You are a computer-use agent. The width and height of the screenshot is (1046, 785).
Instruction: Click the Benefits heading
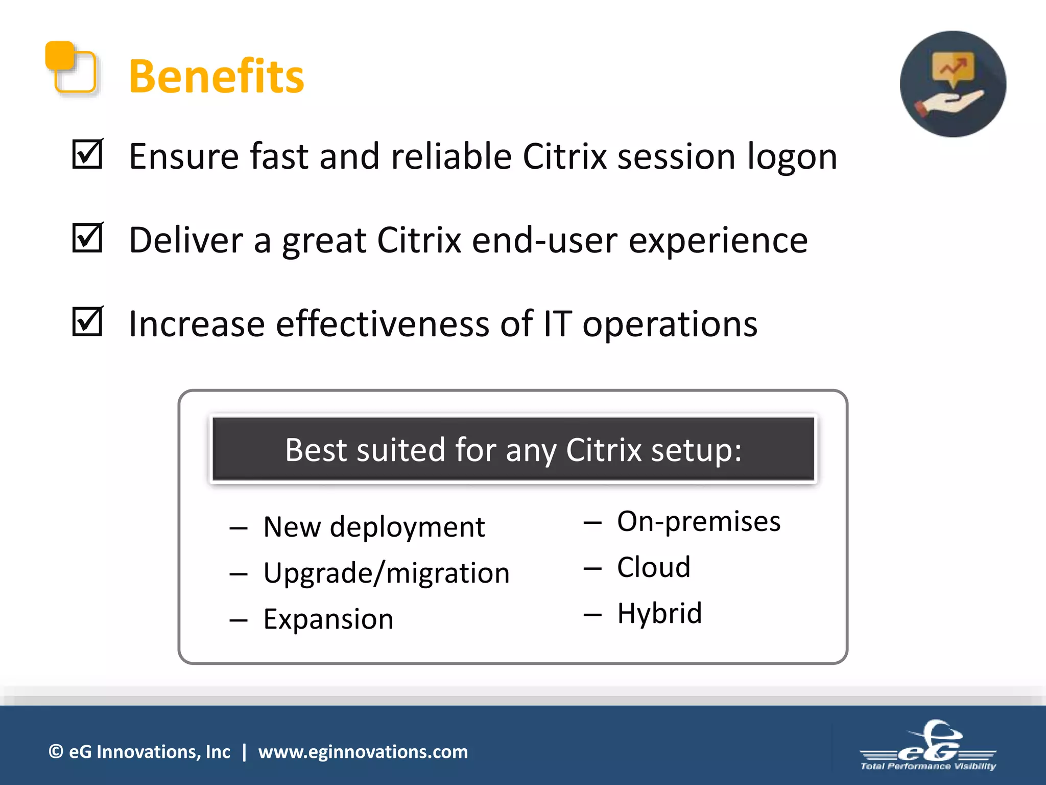(x=216, y=77)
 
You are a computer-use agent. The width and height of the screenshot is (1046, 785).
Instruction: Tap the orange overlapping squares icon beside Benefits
(x=72, y=68)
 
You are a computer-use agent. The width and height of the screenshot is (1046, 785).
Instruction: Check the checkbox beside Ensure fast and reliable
(x=87, y=154)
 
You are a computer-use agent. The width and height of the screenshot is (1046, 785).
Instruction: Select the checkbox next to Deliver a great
(x=87, y=238)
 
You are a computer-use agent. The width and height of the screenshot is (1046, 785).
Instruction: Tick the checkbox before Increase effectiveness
(x=87, y=322)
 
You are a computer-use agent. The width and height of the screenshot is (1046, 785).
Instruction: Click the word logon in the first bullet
(x=792, y=157)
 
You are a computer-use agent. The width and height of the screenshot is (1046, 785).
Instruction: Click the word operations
(x=670, y=325)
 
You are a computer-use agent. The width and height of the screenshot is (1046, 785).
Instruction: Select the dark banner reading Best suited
(x=513, y=450)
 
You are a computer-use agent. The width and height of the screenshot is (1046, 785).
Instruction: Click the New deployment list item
(x=373, y=527)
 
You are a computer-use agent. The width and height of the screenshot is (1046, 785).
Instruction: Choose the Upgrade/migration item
(x=386, y=573)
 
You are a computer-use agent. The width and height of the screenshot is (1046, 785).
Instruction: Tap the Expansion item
(x=328, y=619)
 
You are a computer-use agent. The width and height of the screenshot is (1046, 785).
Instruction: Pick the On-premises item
(x=698, y=522)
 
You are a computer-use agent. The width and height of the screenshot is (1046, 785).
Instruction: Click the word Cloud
(x=653, y=567)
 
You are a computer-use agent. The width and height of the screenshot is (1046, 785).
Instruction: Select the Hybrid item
(x=659, y=613)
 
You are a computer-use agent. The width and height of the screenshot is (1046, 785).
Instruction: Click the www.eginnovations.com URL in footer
(x=363, y=752)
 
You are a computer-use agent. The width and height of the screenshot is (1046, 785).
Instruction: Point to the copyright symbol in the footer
(x=56, y=752)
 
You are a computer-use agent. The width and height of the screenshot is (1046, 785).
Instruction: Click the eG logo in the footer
(x=928, y=746)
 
